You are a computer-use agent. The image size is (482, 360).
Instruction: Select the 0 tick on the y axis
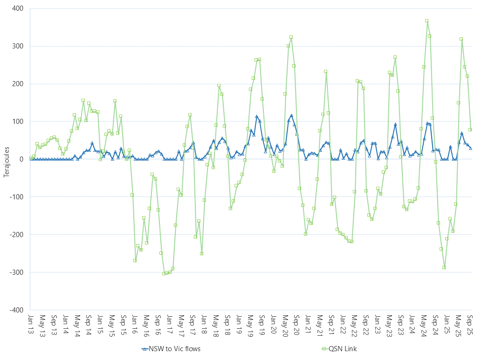[x=23, y=159]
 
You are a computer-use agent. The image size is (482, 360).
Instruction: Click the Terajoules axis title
[x=6, y=159]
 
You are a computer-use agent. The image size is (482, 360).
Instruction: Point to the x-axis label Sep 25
[x=470, y=323]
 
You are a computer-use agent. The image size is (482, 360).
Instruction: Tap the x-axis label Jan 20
[x=273, y=323]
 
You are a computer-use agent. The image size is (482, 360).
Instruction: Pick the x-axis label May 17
[x=180, y=323]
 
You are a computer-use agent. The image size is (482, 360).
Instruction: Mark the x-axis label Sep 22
[x=365, y=323]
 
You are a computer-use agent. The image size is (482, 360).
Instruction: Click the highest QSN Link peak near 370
[x=427, y=20]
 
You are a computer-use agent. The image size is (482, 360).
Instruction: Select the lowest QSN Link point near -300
[x=164, y=273]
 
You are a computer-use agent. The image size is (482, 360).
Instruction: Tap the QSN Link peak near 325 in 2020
[x=291, y=37]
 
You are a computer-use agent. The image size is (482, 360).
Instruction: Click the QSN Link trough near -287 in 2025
[x=444, y=267]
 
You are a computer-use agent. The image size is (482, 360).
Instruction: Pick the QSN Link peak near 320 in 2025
[x=461, y=39]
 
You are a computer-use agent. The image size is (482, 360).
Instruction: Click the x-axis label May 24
[x=424, y=323]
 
